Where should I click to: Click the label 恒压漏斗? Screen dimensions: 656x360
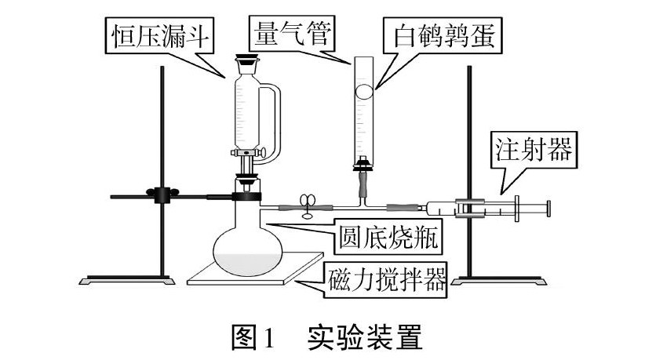(x=160, y=36)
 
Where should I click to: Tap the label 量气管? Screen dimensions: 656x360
(x=293, y=33)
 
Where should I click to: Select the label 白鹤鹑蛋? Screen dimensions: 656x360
(x=444, y=35)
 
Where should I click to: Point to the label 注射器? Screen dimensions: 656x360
(x=534, y=149)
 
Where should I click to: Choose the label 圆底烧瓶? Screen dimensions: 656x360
(x=388, y=238)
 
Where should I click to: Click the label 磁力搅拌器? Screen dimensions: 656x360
(x=387, y=279)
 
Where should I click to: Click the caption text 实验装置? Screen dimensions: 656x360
(x=365, y=336)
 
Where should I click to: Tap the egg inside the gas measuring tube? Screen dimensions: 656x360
(x=363, y=92)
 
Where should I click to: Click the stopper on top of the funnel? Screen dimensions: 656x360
(x=247, y=61)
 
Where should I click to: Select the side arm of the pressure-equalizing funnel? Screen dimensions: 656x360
(x=271, y=121)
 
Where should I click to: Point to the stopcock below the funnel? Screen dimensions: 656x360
(x=250, y=153)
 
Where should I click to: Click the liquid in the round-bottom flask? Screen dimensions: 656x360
(x=248, y=264)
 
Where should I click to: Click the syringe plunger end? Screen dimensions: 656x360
(x=548, y=208)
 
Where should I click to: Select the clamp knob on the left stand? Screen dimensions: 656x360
(x=162, y=195)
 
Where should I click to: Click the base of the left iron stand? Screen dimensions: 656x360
(x=127, y=280)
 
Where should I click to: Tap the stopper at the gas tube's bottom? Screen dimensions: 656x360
(x=363, y=165)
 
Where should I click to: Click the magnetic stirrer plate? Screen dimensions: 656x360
(x=255, y=268)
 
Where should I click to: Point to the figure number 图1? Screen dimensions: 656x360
(x=253, y=337)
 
